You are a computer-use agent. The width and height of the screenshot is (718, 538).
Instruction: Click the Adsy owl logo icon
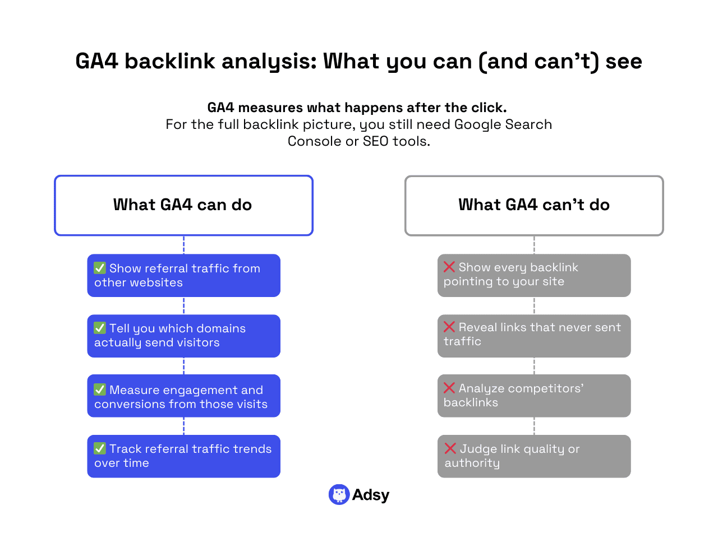point(339,495)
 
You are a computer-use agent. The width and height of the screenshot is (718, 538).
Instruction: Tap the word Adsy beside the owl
point(371,495)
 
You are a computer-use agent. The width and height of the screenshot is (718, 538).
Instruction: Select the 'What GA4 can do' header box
point(183,205)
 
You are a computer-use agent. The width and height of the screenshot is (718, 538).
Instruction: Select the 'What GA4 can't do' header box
point(534,205)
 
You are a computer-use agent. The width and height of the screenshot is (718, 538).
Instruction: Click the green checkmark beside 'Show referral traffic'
point(100,268)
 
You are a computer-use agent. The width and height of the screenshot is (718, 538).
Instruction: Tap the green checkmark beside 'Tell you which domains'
point(100,328)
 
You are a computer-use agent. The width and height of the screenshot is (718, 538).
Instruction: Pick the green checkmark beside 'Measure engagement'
point(100,389)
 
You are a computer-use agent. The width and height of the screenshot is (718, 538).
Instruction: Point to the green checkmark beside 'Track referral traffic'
point(100,448)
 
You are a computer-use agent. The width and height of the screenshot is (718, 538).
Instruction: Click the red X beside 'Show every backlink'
point(449,267)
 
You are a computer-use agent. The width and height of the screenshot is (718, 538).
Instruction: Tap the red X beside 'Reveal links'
point(449,327)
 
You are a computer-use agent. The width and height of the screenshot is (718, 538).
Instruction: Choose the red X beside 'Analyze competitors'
point(449,388)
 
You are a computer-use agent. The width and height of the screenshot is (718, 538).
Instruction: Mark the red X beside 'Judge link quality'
point(450,448)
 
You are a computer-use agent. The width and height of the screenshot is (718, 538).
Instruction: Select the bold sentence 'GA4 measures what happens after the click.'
point(357,108)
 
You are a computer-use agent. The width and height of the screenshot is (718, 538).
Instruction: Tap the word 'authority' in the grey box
point(472,463)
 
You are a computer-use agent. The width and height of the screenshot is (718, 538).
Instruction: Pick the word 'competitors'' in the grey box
point(521,388)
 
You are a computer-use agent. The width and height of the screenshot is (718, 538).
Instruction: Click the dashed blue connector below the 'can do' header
point(183,245)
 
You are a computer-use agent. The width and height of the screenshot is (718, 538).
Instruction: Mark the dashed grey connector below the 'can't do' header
point(534,245)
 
